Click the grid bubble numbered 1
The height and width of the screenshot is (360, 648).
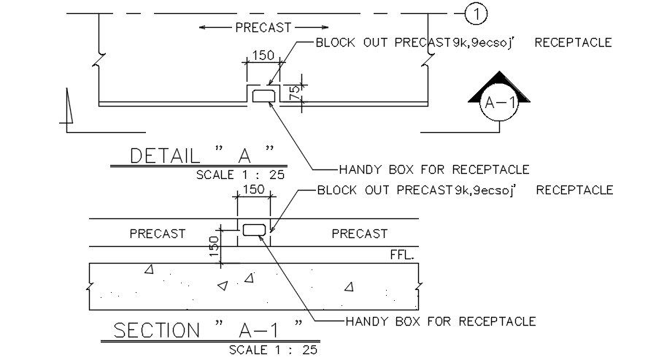(477, 13)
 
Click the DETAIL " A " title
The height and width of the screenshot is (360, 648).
(201, 156)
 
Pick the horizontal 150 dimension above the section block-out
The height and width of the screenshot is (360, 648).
(253, 190)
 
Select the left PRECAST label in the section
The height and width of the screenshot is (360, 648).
(158, 234)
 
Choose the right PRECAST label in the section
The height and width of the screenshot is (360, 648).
(359, 234)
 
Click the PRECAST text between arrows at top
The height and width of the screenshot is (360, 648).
(263, 28)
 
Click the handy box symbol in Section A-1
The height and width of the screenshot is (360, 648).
(254, 230)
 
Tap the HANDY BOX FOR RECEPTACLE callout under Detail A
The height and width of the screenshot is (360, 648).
(434, 169)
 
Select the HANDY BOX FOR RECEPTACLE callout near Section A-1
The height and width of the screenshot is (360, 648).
(441, 321)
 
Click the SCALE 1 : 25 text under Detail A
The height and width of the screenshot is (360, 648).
(241, 175)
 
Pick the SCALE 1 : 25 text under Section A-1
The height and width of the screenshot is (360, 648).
(273, 350)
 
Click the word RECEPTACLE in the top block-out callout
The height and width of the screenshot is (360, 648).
(573, 43)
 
